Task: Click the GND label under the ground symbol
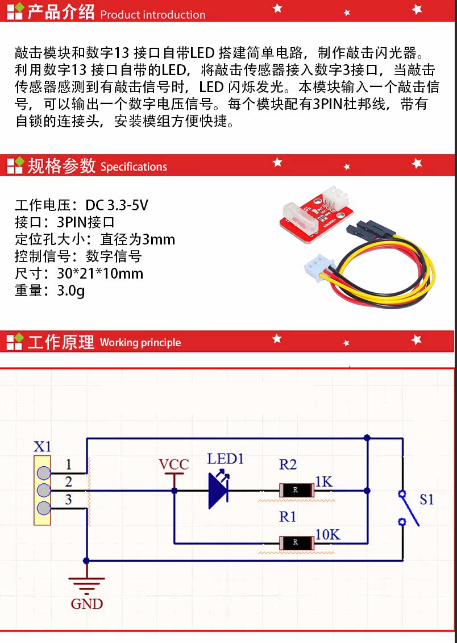[x=86, y=604]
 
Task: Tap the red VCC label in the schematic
[x=174, y=464]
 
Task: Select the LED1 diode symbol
[x=218, y=490]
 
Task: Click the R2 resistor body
[x=296, y=490]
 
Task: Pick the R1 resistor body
[x=296, y=542]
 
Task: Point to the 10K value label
[x=328, y=534]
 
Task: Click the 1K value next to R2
[x=324, y=482]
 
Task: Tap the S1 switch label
[x=426, y=500]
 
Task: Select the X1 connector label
[x=42, y=446]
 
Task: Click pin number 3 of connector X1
[x=68, y=500]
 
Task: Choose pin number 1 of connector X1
[x=68, y=464]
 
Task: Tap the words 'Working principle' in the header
[x=140, y=342]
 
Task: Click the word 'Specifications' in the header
[x=134, y=167]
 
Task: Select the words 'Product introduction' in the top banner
[x=153, y=15]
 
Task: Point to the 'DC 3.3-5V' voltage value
[x=117, y=205]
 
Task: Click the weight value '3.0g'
[x=71, y=291]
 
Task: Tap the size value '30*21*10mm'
[x=100, y=273]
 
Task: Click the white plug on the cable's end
[x=318, y=267]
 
